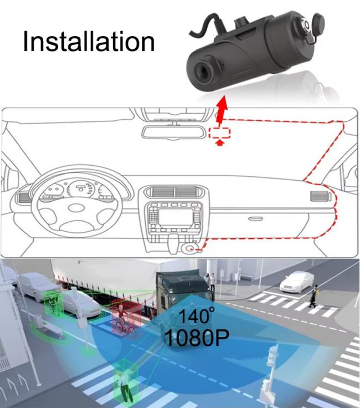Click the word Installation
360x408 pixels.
tap(89, 42)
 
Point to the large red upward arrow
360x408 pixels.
tap(222, 110)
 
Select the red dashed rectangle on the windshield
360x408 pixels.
tap(220, 133)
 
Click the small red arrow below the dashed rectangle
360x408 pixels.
tap(220, 142)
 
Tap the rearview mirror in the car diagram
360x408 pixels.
tap(173, 132)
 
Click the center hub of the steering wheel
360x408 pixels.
tap(76, 208)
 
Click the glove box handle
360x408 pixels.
tap(255, 218)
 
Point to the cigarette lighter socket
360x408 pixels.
tap(190, 248)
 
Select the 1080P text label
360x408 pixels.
tap(197, 338)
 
